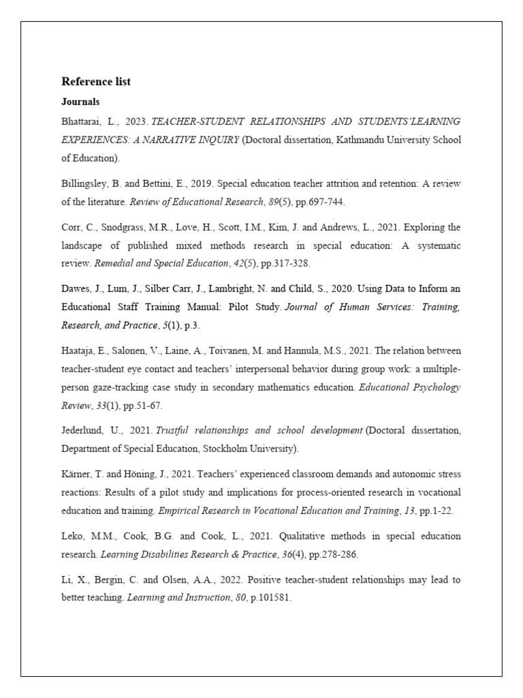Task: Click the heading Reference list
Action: coord(96,82)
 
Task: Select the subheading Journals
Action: coord(80,102)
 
